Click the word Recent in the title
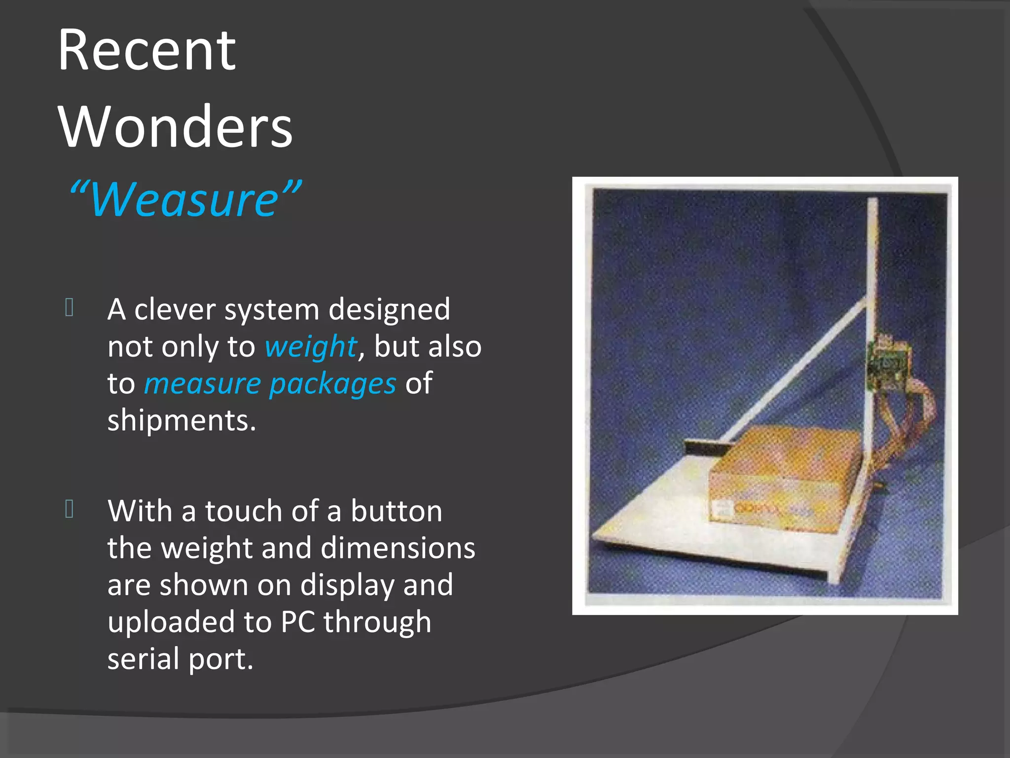coord(146,50)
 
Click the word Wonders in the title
coord(176,127)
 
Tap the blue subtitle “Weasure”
coord(184,199)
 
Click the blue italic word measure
coord(202,384)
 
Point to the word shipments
coord(181,420)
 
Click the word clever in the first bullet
coord(175,310)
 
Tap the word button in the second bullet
coord(397,511)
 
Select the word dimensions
coord(397,548)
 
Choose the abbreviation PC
coord(298,622)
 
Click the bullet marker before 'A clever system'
coord(70,307)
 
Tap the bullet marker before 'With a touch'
coord(70,509)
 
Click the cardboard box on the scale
coord(784,479)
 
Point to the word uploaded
coord(171,622)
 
